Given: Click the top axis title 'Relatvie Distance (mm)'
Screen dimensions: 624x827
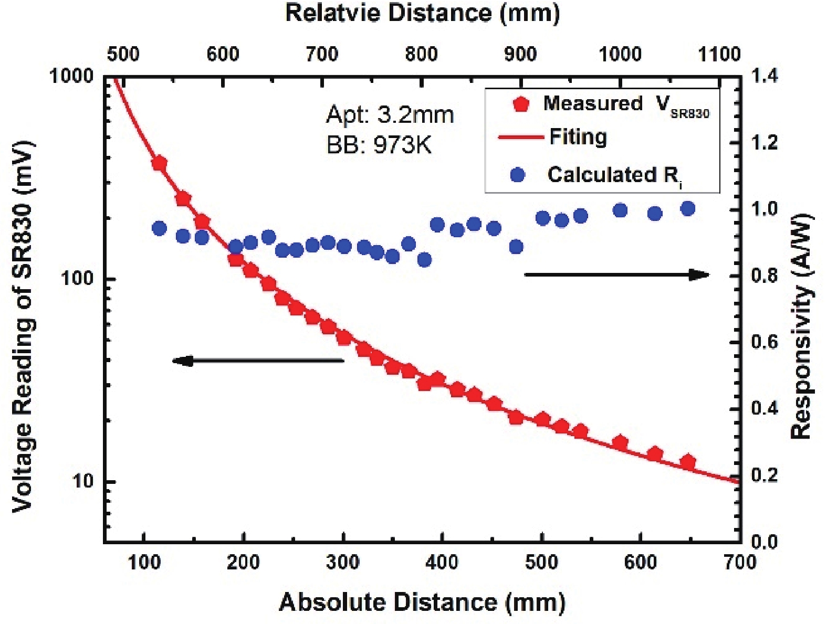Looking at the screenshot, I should point(422,13).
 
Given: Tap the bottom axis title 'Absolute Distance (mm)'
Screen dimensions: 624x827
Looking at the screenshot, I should point(422,602).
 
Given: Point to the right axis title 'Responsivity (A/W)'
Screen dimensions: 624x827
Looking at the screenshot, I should point(802,326).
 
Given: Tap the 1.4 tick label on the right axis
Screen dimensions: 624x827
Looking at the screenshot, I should point(765,77).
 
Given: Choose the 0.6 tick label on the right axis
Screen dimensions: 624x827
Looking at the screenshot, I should point(765,343).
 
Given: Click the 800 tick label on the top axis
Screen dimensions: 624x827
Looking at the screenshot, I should point(422,54).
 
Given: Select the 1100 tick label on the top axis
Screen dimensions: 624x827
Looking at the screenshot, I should point(720,54).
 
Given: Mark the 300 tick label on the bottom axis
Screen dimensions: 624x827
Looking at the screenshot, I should point(343,563).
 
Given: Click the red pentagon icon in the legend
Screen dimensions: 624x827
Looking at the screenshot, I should point(520,104).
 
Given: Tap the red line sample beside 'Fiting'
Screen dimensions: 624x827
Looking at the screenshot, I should point(520,138).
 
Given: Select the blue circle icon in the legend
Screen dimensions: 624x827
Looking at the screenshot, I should point(518,175).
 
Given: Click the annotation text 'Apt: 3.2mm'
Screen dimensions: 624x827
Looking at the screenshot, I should point(390,115).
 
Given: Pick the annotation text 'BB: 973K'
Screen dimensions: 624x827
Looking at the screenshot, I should point(379,145).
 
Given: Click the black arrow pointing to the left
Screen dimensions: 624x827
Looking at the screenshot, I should point(257,361).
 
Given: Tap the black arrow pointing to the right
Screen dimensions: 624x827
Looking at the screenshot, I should point(617,274).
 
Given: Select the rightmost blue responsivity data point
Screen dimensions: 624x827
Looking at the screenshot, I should point(688,209).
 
